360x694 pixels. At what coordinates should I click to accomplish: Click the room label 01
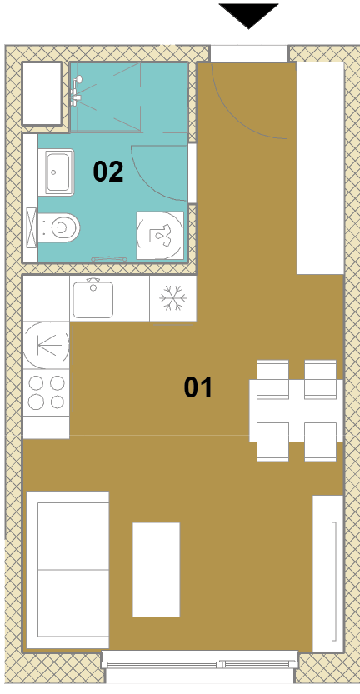pyautogui.click(x=198, y=387)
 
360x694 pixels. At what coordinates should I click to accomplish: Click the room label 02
pyautogui.click(x=108, y=172)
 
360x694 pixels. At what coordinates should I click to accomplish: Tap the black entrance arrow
pyautogui.click(x=249, y=16)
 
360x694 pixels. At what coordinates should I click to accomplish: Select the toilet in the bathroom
pyautogui.click(x=59, y=227)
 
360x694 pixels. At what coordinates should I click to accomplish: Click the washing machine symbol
pyautogui.click(x=160, y=235)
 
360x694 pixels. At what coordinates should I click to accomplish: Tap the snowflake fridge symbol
pyautogui.click(x=173, y=298)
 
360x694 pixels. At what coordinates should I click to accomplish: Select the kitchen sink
pyautogui.click(x=93, y=298)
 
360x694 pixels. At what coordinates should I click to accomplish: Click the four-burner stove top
pyautogui.click(x=46, y=392)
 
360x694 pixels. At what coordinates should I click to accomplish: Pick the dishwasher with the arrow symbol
pyautogui.click(x=46, y=345)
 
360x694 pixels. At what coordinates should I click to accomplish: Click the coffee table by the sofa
pyautogui.click(x=157, y=569)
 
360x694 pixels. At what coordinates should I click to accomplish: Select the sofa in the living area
pyautogui.click(x=67, y=570)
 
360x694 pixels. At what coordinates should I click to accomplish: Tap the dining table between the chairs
pyautogui.click(x=296, y=410)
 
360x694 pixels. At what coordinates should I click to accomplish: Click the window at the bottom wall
pyautogui.click(x=200, y=664)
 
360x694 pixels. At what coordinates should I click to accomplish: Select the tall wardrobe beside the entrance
pyautogui.click(x=320, y=168)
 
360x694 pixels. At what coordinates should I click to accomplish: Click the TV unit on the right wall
pyautogui.click(x=328, y=573)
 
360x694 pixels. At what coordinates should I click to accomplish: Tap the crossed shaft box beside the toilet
pyautogui.click(x=32, y=227)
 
